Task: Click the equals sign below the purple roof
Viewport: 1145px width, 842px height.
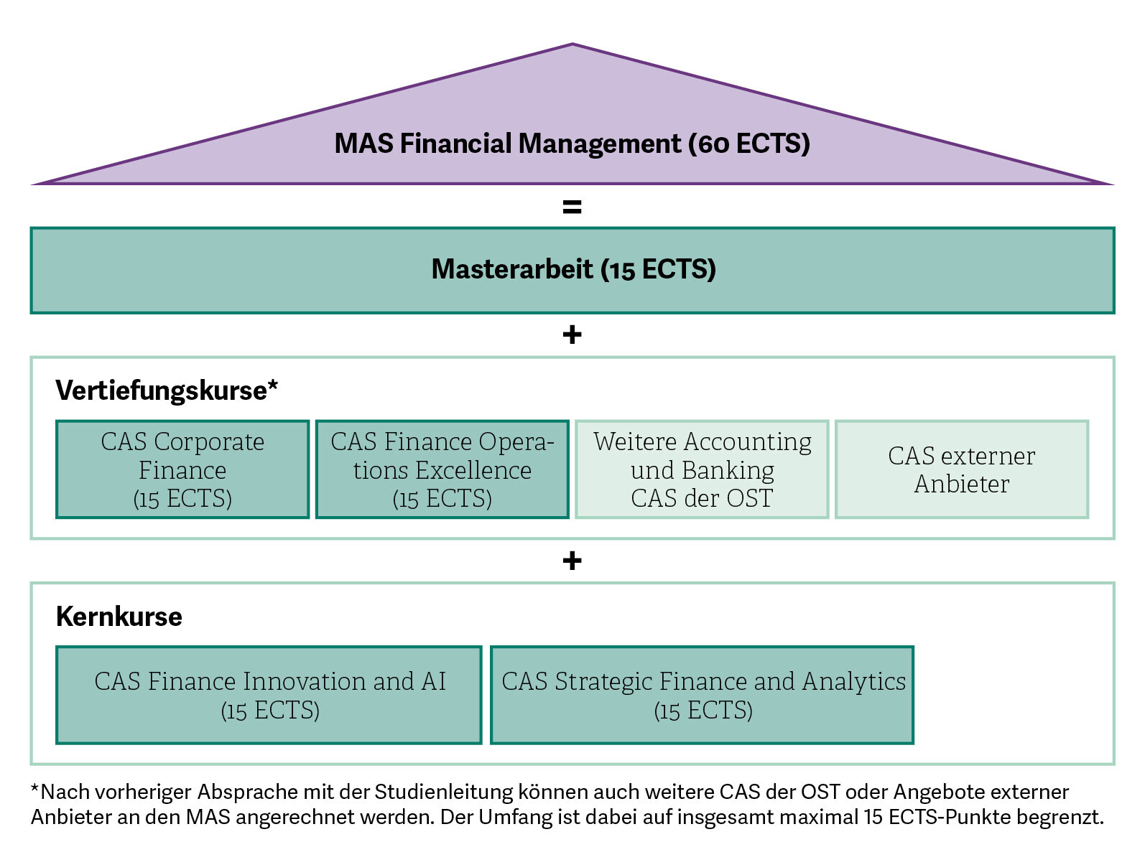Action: tap(572, 207)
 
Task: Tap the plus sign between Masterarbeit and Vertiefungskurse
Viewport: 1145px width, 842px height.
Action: tap(572, 335)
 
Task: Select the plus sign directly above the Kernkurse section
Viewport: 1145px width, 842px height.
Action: tap(572, 561)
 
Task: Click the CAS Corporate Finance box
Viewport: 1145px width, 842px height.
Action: tap(182, 469)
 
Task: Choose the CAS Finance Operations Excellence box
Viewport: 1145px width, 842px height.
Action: tap(442, 469)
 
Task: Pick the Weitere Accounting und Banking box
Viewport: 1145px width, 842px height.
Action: tap(702, 469)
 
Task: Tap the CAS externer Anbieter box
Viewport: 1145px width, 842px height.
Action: tap(962, 469)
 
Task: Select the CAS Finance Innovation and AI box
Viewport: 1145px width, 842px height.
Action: tap(269, 695)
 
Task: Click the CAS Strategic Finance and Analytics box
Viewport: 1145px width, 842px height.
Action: tap(702, 695)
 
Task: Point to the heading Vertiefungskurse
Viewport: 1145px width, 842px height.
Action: tap(162, 390)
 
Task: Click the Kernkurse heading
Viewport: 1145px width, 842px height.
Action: tap(119, 617)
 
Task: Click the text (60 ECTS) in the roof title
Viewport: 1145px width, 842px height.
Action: tap(749, 144)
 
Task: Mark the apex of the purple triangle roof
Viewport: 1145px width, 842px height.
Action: tap(572, 45)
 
